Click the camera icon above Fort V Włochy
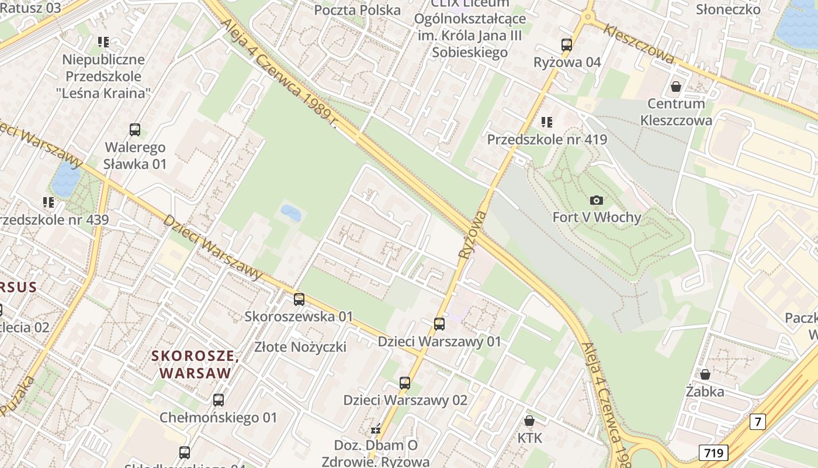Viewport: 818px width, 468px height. pyautogui.click(x=596, y=201)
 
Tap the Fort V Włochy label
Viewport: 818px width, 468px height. pyautogui.click(x=597, y=218)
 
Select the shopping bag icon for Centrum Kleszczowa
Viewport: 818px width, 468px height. pyautogui.click(x=676, y=87)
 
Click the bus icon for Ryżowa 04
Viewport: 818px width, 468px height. pyautogui.click(x=566, y=44)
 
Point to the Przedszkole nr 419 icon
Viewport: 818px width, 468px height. pyautogui.click(x=546, y=122)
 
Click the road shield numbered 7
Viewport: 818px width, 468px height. pyautogui.click(x=757, y=421)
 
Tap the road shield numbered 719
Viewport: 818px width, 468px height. pyautogui.click(x=713, y=452)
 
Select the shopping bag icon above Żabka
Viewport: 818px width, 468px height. pyautogui.click(x=705, y=374)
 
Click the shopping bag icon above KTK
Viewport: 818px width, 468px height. pyautogui.click(x=529, y=421)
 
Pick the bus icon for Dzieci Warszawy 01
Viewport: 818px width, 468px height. pyautogui.click(x=439, y=324)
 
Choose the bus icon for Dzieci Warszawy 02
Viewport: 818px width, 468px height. pyautogui.click(x=405, y=383)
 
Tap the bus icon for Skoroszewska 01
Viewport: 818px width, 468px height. pyautogui.click(x=299, y=300)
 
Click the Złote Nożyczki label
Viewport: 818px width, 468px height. pyautogui.click(x=300, y=347)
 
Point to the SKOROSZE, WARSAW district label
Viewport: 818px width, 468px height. pyautogui.click(x=195, y=364)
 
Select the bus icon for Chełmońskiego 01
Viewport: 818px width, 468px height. pyautogui.click(x=218, y=400)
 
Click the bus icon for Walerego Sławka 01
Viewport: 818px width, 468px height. pyautogui.click(x=135, y=130)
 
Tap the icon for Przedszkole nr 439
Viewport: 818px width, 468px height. pyautogui.click(x=48, y=202)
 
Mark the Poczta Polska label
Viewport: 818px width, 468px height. pyautogui.click(x=358, y=10)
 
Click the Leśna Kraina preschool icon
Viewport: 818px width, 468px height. pyautogui.click(x=103, y=42)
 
